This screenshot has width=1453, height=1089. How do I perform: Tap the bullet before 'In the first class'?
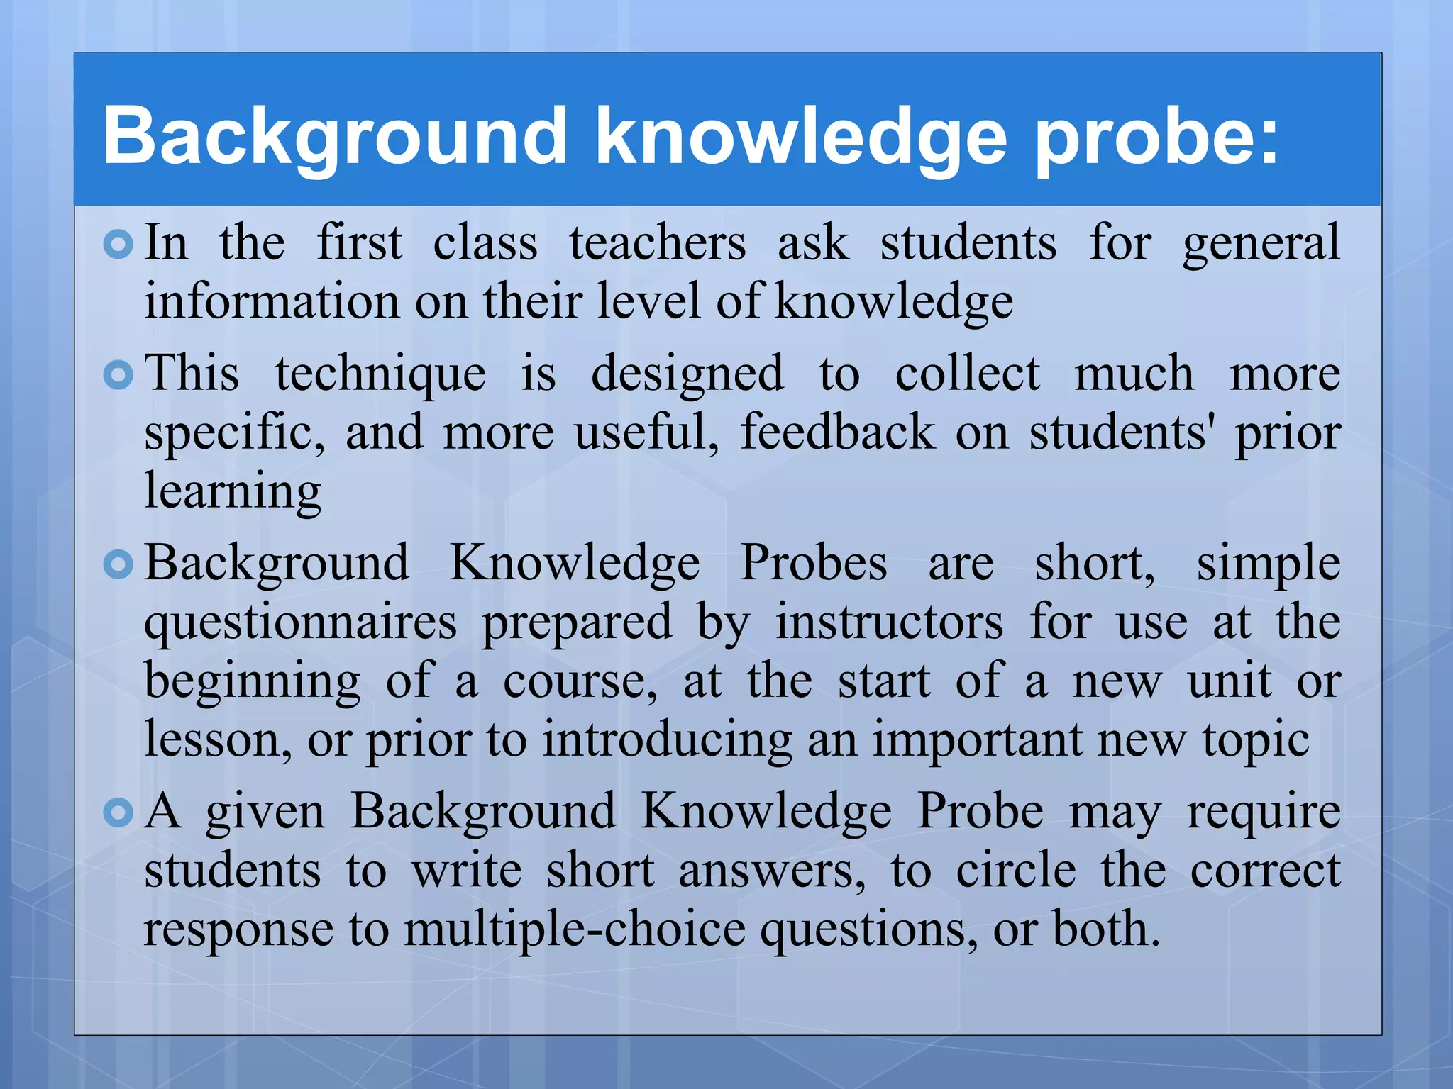coord(118,245)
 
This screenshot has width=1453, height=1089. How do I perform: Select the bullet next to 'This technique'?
coord(118,375)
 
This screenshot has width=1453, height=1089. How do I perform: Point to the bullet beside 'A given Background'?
coord(118,813)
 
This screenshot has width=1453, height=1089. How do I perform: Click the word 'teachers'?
coord(657,243)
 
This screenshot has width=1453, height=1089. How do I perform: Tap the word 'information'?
coord(272,301)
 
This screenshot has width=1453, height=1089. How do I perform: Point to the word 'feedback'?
coord(838,432)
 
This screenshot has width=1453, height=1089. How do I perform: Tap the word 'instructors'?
coord(889,622)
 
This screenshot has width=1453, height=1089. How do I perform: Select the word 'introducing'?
coord(667,741)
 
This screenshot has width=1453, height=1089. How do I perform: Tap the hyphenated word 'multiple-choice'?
coord(575,930)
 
